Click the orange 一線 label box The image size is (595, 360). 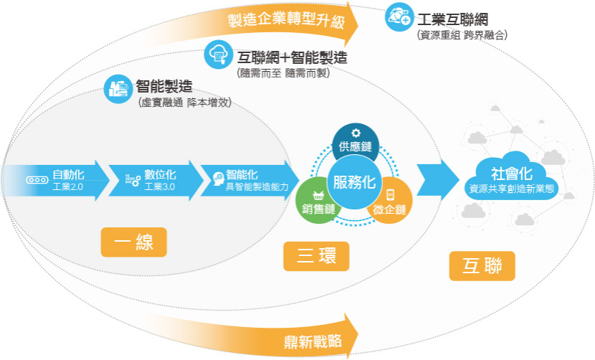(x=133, y=242)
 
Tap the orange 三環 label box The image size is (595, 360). (x=316, y=256)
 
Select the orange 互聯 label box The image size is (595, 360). (x=482, y=266)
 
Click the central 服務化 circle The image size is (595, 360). (x=354, y=182)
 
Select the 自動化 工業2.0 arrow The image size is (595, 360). (x=56, y=181)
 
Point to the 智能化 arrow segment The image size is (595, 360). (x=249, y=181)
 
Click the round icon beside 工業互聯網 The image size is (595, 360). (x=399, y=16)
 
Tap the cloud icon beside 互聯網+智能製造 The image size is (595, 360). (x=218, y=55)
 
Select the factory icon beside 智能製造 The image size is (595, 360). (x=118, y=89)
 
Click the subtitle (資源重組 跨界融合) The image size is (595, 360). (x=462, y=35)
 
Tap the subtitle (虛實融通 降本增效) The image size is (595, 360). (x=185, y=103)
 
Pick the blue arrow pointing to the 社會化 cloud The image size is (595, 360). (x=438, y=181)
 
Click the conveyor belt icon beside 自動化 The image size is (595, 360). (x=37, y=180)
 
